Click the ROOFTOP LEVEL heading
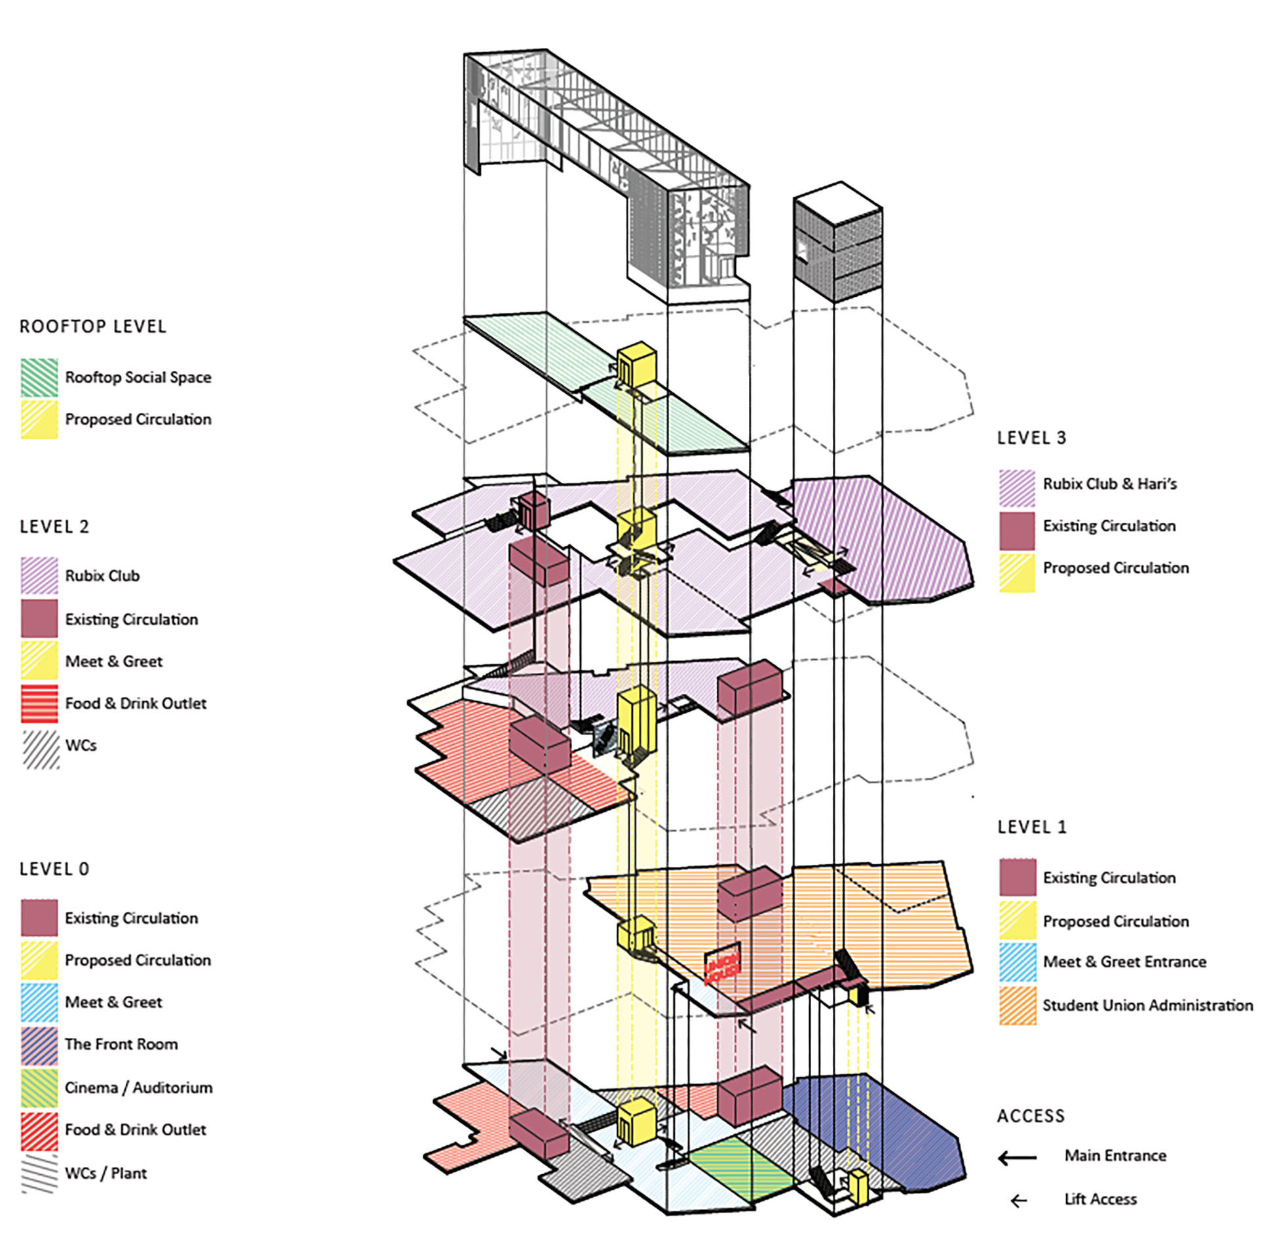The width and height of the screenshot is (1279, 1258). tap(92, 326)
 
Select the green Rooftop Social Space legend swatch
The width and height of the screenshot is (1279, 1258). tap(39, 377)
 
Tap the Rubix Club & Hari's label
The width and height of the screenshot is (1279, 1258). tap(1109, 484)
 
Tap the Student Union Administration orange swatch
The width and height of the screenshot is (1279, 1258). tap(1017, 1006)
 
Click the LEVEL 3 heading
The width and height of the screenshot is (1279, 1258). tap(1031, 438)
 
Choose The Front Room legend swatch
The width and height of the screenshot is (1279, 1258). tap(39, 1044)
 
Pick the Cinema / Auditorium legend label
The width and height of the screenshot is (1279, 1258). tap(139, 1088)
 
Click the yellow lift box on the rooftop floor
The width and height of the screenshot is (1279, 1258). tap(636, 363)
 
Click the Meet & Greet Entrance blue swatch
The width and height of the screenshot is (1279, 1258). tap(1017, 962)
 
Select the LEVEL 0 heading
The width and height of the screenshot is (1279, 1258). tap(54, 869)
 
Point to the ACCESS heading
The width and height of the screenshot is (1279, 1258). tap(1031, 1116)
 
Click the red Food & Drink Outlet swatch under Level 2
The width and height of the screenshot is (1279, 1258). tap(39, 704)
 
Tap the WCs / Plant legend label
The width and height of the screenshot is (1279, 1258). tap(105, 1173)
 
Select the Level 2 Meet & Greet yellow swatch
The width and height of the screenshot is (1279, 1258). tap(39, 661)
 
